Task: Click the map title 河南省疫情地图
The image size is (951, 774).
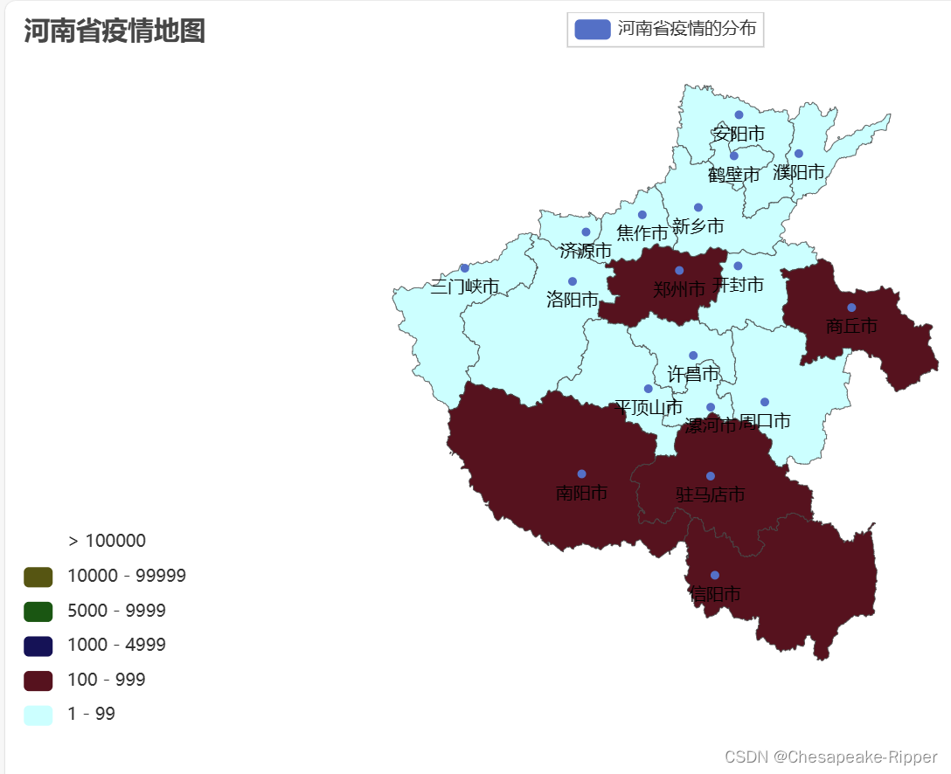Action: pos(115,31)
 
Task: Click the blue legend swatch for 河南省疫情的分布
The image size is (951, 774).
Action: pos(592,29)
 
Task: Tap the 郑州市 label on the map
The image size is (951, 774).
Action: pos(679,289)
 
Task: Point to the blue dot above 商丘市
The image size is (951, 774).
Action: pos(851,308)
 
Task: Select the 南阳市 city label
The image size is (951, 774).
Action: pos(581,493)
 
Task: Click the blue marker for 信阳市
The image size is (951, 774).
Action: pos(715,575)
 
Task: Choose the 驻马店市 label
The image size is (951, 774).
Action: pos(710,494)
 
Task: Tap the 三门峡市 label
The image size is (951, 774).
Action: pos(464,287)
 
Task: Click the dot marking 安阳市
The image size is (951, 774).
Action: pos(739,114)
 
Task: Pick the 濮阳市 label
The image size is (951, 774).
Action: pos(799,172)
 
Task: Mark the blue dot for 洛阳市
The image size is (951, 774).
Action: pos(573,281)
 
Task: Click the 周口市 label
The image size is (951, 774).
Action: pos(765,421)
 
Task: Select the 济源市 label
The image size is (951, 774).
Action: pos(586,252)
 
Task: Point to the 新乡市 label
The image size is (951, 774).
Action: pos(698,226)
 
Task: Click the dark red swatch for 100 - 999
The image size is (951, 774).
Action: pos(38,681)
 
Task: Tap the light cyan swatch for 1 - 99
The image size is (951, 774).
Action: pos(38,715)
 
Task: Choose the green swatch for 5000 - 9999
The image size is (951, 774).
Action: pos(38,612)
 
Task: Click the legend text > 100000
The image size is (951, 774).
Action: pos(107,542)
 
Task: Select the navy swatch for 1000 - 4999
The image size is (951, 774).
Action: pos(38,646)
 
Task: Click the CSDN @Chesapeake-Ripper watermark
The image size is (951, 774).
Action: pos(830,757)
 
